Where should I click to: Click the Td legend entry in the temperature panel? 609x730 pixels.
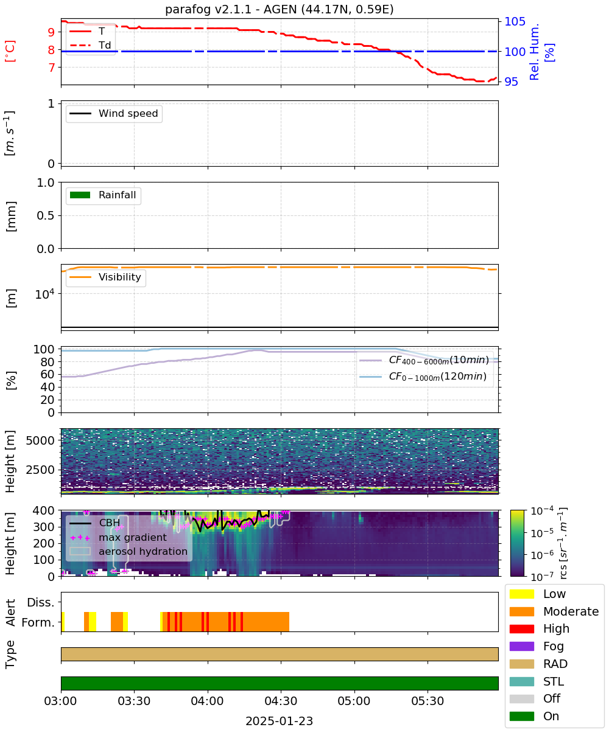(x=90, y=45)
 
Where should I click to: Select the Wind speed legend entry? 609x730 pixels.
(x=114, y=113)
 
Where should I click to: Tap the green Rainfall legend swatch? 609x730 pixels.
(x=80, y=195)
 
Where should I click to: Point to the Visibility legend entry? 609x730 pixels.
(x=105, y=277)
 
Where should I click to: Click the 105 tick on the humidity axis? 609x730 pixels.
(x=515, y=22)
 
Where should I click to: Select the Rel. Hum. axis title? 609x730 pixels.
(x=534, y=52)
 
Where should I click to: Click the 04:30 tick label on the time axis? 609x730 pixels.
(x=281, y=701)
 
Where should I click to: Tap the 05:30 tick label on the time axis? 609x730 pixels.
(x=428, y=701)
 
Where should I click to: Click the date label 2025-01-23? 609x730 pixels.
(x=279, y=721)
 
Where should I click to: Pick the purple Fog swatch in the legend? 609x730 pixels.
(x=521, y=646)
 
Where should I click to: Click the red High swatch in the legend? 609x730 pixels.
(x=521, y=628)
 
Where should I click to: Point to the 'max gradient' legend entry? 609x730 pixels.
(x=118, y=537)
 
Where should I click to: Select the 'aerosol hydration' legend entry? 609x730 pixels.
(x=128, y=551)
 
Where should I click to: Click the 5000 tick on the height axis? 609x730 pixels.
(x=40, y=440)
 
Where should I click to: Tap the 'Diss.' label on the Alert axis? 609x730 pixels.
(x=41, y=602)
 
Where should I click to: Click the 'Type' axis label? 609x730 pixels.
(x=10, y=654)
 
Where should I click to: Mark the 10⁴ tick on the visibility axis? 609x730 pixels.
(x=45, y=294)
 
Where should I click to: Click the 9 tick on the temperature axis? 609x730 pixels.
(x=51, y=32)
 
